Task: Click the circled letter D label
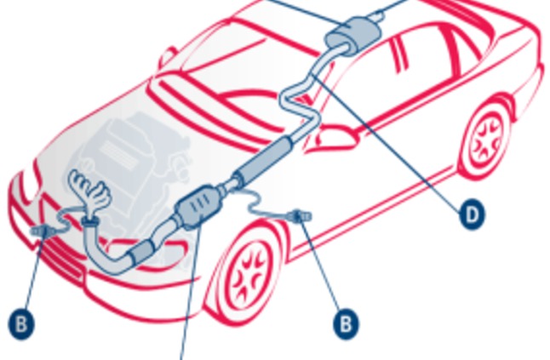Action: [x=473, y=214]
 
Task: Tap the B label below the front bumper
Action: [x=21, y=323]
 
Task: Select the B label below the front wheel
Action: [x=346, y=323]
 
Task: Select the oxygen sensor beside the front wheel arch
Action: [x=300, y=215]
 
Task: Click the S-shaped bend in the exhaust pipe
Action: [x=299, y=101]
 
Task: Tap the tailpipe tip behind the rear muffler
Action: [x=376, y=14]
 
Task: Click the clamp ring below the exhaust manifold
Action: [x=90, y=220]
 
